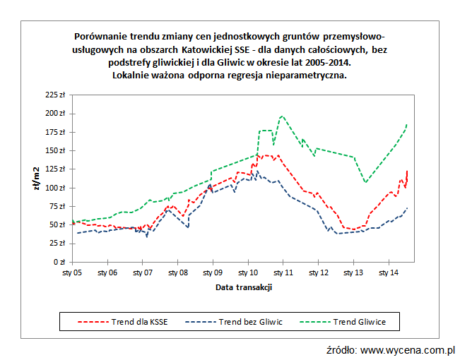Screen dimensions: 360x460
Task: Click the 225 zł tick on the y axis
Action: (54, 95)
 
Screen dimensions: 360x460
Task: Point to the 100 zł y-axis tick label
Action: (54, 188)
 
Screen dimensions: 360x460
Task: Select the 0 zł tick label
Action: (59, 262)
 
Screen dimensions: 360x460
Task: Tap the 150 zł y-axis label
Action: (54, 150)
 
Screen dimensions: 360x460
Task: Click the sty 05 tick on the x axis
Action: (73, 272)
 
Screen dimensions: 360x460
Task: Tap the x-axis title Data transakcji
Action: (244, 287)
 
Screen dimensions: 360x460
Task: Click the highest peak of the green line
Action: (282, 116)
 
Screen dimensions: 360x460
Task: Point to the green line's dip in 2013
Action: (365, 182)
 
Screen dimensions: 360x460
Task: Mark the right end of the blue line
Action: (407, 208)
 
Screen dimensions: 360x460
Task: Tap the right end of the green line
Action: (407, 125)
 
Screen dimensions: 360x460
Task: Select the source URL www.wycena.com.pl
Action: (407, 349)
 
